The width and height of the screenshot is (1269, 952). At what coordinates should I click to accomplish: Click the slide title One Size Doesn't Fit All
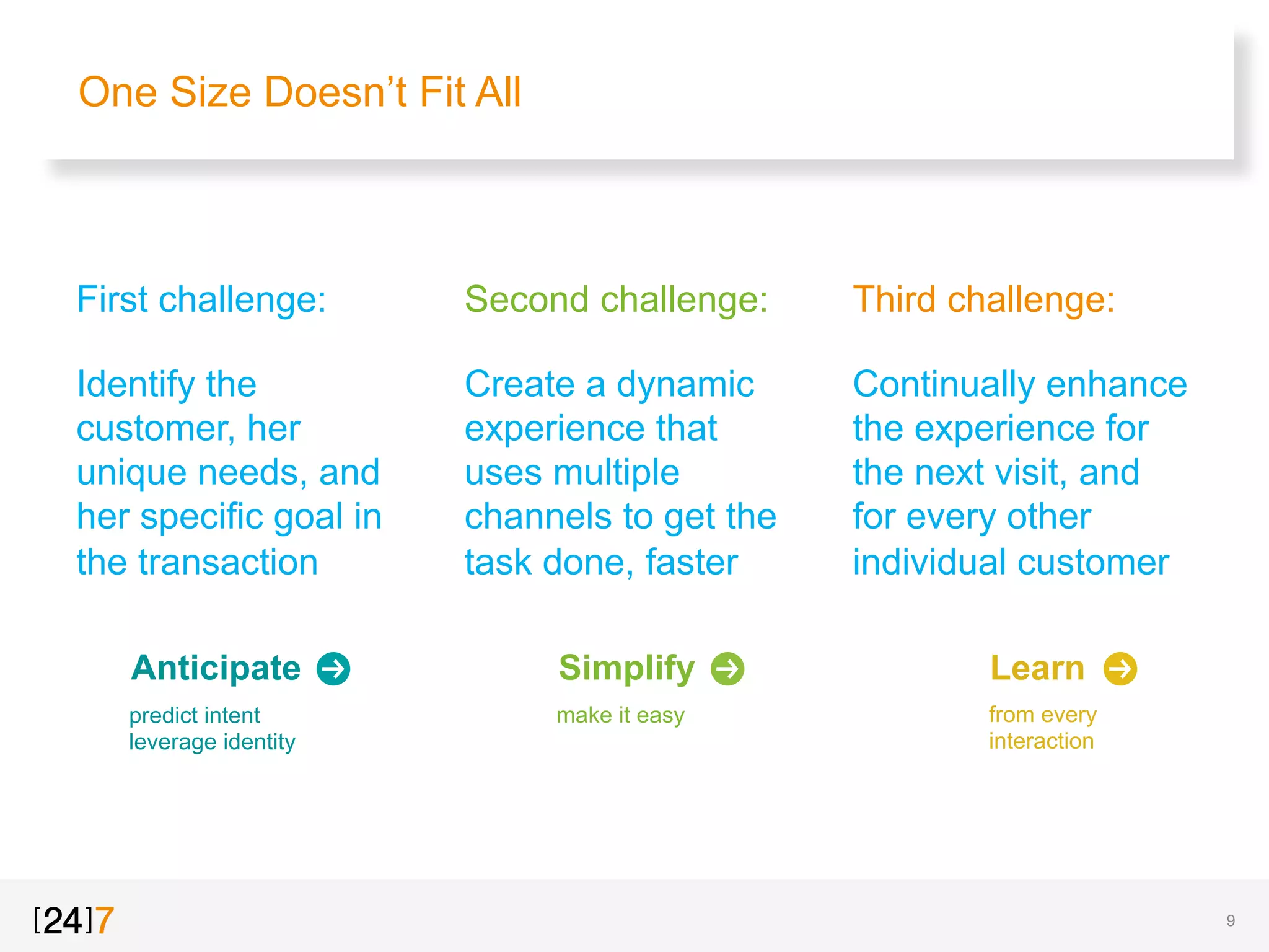point(300,92)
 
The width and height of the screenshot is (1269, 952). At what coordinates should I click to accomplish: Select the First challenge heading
point(201,300)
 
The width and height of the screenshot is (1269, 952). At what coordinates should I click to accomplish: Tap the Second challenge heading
point(617,300)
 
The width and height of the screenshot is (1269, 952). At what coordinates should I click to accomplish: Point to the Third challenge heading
point(984,300)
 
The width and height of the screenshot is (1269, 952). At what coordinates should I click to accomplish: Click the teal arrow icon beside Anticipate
point(333,669)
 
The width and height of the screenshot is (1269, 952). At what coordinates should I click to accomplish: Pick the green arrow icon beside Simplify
point(727,669)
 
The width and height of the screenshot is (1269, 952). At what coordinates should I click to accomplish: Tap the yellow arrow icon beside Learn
point(1120,669)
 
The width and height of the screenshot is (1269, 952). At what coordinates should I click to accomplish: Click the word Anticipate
point(216,668)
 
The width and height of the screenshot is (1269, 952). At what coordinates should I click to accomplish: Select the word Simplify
point(626,668)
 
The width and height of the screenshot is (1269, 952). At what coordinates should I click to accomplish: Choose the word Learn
point(1037,668)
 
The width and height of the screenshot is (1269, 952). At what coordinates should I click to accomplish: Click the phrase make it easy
point(620,715)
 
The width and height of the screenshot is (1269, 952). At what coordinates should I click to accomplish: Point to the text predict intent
point(195,715)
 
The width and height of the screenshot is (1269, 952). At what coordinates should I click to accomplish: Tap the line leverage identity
point(212,742)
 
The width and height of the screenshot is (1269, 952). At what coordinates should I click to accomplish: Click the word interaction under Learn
point(1041,741)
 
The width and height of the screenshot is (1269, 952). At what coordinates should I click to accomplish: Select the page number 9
point(1231,920)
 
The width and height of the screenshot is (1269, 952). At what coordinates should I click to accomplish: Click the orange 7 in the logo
point(105,920)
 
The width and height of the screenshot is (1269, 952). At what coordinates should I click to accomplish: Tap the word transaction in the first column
point(228,562)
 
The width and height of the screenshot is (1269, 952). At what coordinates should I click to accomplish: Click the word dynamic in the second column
point(685,384)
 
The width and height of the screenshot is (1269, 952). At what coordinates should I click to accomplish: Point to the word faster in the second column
point(692,562)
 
